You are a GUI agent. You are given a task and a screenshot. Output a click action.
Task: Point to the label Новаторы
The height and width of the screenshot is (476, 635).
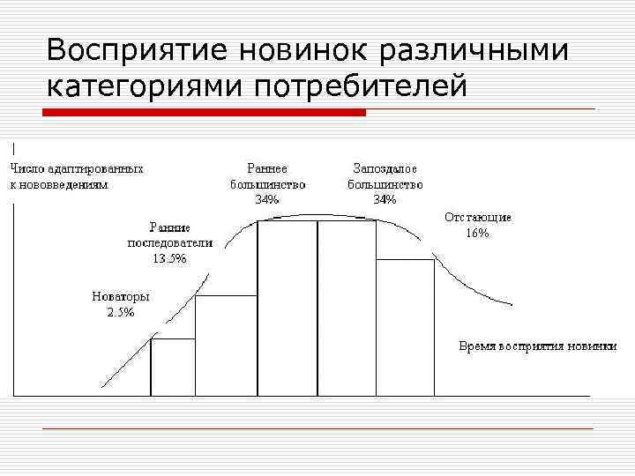pos(121,297)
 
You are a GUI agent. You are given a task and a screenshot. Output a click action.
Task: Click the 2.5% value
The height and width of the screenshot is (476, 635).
pos(121,313)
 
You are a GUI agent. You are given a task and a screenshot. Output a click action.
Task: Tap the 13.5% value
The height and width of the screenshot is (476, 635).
pos(169,258)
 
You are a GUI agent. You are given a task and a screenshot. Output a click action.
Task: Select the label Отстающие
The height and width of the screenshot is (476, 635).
pos(477,218)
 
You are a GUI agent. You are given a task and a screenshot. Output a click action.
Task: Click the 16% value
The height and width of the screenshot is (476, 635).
pos(477,234)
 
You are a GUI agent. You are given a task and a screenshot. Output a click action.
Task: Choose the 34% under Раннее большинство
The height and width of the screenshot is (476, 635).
pos(267,199)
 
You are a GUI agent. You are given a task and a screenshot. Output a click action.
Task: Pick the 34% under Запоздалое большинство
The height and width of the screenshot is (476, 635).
pos(385,199)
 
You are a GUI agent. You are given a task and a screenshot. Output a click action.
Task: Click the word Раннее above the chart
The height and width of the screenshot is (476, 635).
pos(267,167)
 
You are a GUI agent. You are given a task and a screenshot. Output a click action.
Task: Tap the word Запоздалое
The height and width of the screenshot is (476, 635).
pos(385,167)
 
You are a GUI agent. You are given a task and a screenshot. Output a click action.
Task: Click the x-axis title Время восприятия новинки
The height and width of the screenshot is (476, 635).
pos(537,346)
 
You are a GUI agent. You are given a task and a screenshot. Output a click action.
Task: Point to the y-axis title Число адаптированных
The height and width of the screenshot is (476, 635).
pos(77,167)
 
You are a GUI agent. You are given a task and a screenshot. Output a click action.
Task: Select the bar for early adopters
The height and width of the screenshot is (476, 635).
pos(226,346)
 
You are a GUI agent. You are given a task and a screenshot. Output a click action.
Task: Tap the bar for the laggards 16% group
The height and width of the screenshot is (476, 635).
pos(405,327)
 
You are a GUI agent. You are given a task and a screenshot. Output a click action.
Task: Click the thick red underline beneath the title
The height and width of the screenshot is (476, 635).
pos(205,112)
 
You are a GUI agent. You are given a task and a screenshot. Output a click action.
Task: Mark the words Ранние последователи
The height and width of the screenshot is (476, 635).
pos(169,234)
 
